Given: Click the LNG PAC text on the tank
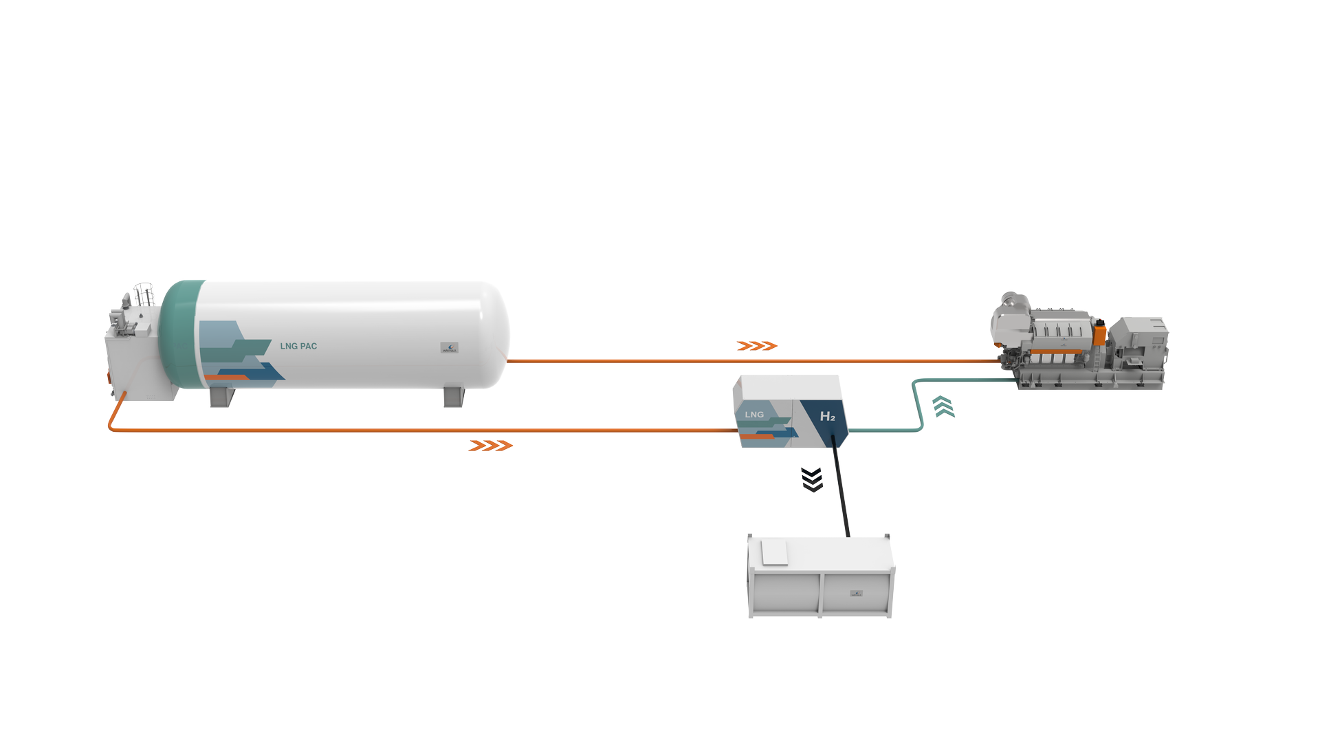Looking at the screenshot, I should coord(298,346).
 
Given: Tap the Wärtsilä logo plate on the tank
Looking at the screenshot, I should coord(449,348).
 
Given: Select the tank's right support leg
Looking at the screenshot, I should coord(454,397).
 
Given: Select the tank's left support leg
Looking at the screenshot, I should coord(221,397).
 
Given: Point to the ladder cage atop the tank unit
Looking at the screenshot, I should coord(144,294).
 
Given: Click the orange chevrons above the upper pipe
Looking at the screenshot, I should coord(756,346).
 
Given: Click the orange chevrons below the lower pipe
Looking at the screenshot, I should coord(490,446).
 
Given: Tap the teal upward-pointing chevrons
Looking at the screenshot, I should coord(944,406).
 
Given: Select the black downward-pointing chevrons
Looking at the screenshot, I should coord(812,480).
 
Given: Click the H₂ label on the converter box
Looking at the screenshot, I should coord(827,417).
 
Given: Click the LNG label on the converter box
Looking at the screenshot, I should coord(754,415).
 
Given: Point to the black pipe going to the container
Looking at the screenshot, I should coord(841,488).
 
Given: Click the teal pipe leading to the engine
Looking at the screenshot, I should coord(917,406).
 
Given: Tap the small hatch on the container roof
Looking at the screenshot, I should coord(774,552).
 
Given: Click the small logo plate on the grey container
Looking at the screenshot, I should coord(856,593).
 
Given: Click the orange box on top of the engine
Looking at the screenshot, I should coord(1099,334).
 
